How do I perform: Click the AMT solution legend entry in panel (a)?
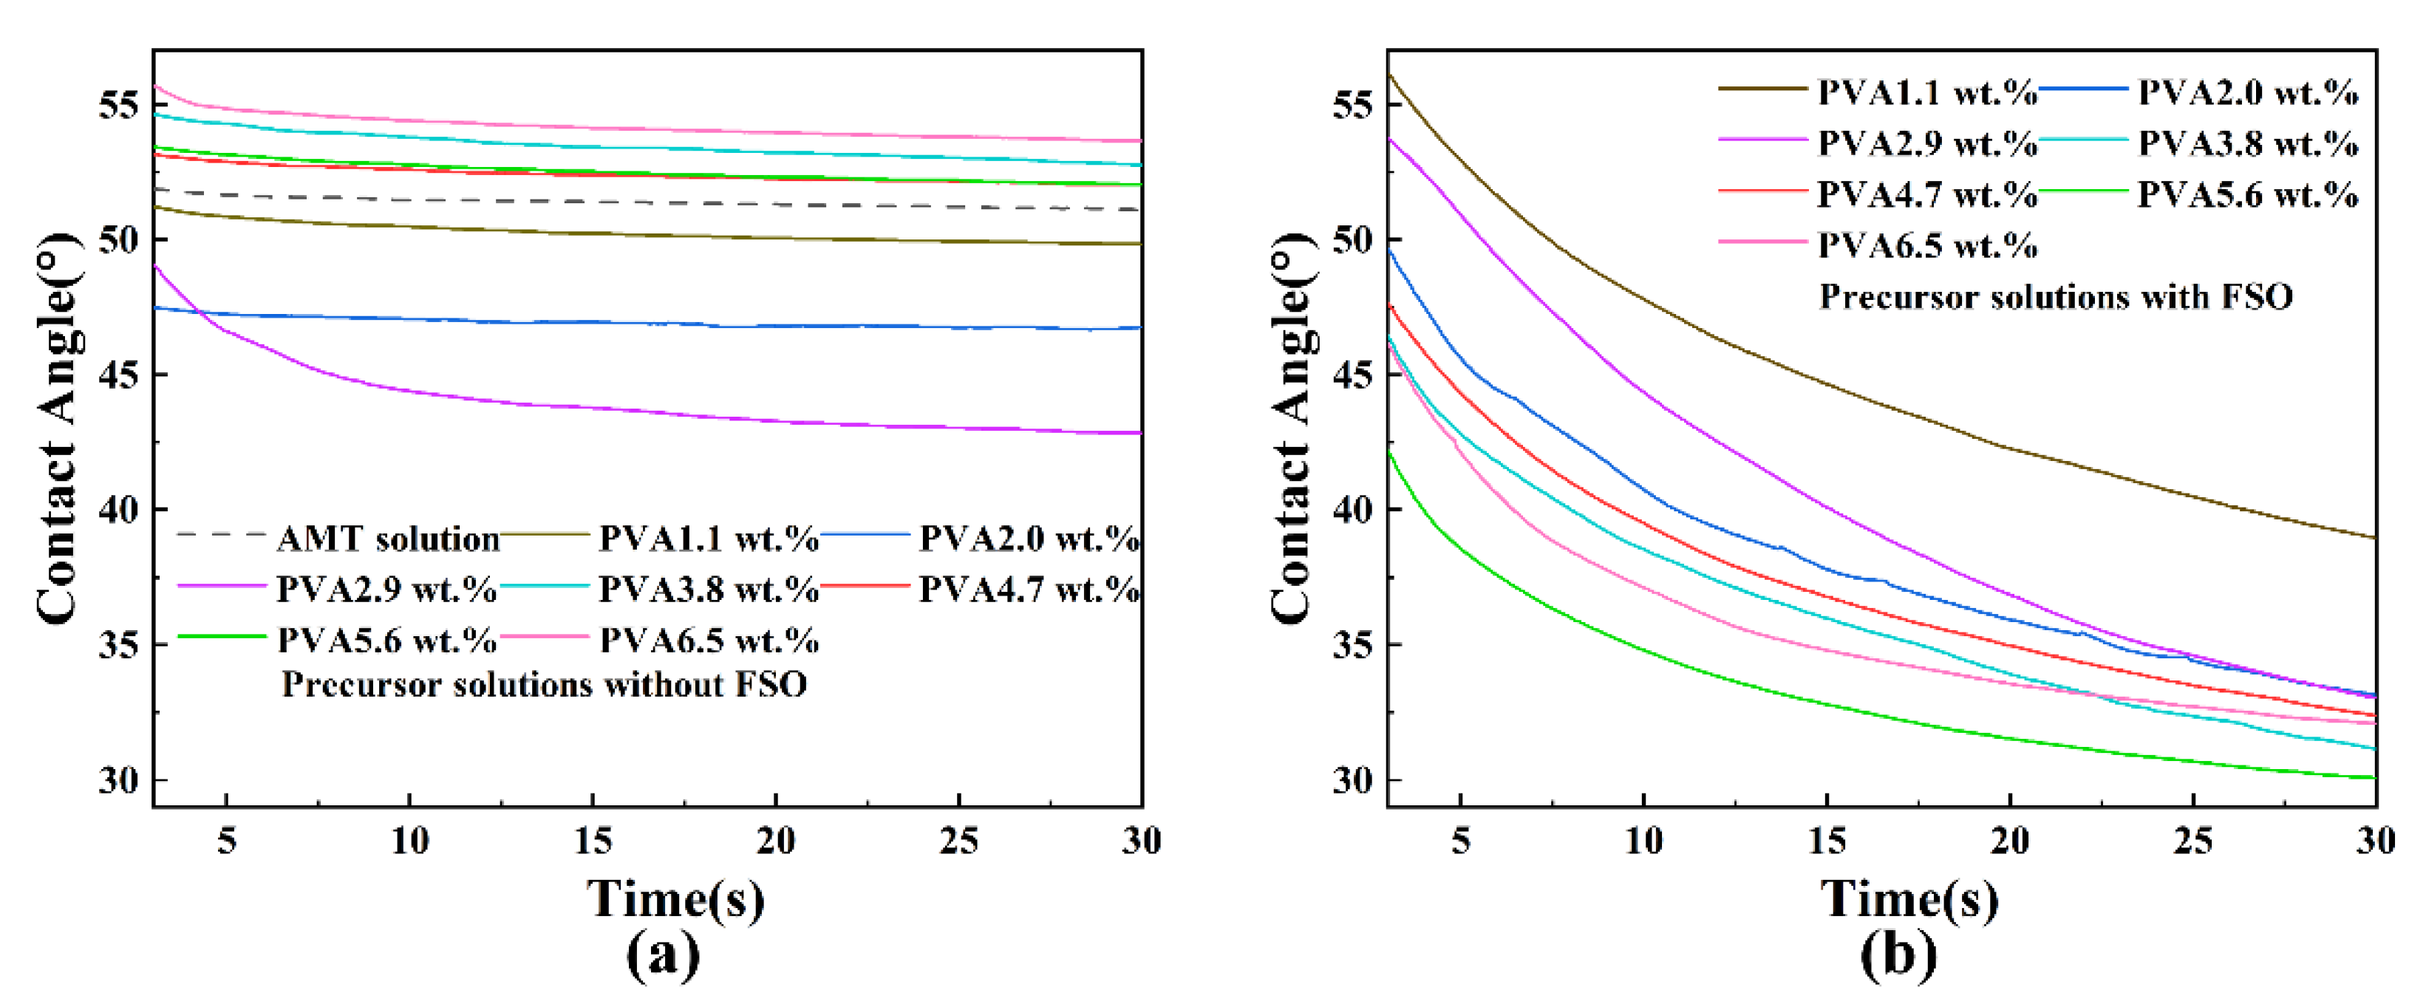388,539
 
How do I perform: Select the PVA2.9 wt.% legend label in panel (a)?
386,590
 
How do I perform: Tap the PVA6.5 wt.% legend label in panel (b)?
1927,246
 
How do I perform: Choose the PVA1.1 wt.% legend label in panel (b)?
1927,92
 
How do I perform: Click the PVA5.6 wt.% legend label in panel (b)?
2247,195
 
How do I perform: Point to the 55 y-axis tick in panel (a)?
119,105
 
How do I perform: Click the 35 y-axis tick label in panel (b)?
1352,644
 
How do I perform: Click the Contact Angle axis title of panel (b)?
1291,429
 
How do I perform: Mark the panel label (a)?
663,955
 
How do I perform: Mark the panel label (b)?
1898,955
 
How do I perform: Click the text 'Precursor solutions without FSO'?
545,685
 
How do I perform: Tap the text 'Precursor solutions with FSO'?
2055,298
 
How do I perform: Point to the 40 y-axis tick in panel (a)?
119,510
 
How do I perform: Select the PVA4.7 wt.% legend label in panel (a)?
1029,590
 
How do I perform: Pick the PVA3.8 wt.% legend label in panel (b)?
2247,143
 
